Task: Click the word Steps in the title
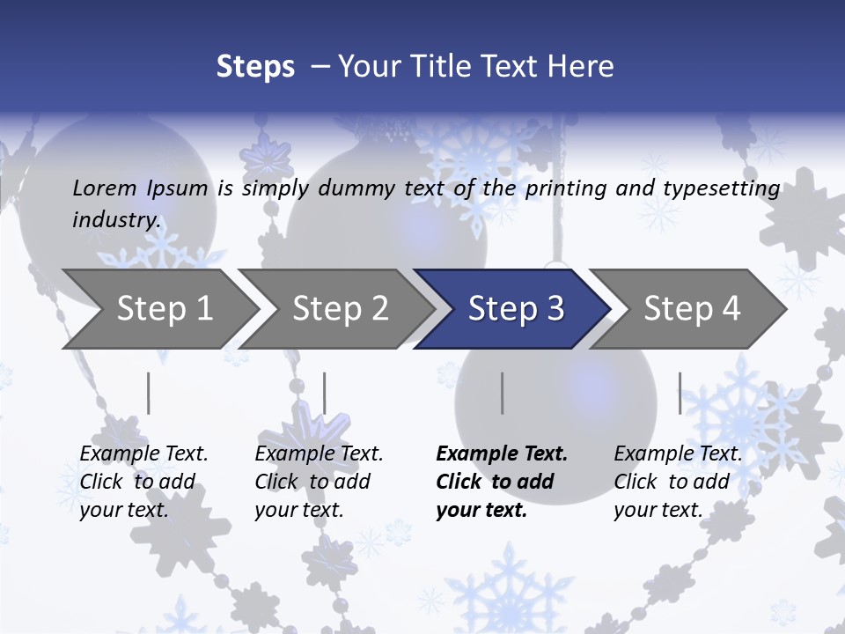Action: pos(255,67)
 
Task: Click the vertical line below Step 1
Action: pos(149,393)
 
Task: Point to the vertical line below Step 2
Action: pos(325,393)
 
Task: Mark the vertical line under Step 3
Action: pos(503,393)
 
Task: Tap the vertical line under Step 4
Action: pos(680,393)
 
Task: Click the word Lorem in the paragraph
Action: pos(105,188)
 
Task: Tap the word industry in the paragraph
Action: pos(115,220)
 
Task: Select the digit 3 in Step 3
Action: pos(555,309)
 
